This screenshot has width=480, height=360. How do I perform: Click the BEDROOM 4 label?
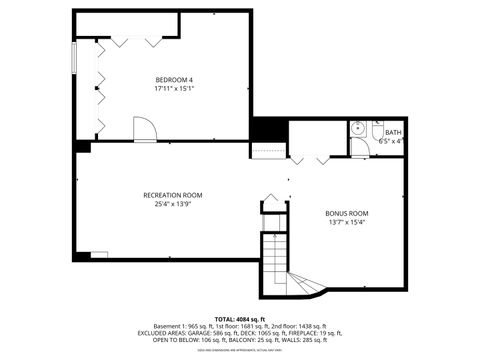[x=174, y=79]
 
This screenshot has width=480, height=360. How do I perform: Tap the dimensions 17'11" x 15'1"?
[x=174, y=88]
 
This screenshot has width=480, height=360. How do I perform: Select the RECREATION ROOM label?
[x=173, y=195]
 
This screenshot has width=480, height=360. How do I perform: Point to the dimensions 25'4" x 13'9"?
[x=173, y=204]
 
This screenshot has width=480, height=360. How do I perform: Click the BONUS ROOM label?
[x=347, y=213]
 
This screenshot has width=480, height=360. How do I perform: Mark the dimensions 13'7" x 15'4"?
[x=347, y=222]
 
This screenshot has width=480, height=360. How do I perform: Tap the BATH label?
[x=393, y=132]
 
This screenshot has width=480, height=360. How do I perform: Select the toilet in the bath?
[x=378, y=130]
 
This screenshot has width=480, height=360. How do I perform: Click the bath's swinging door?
[x=359, y=147]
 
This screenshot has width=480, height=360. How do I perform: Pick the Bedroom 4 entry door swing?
[x=145, y=127]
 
